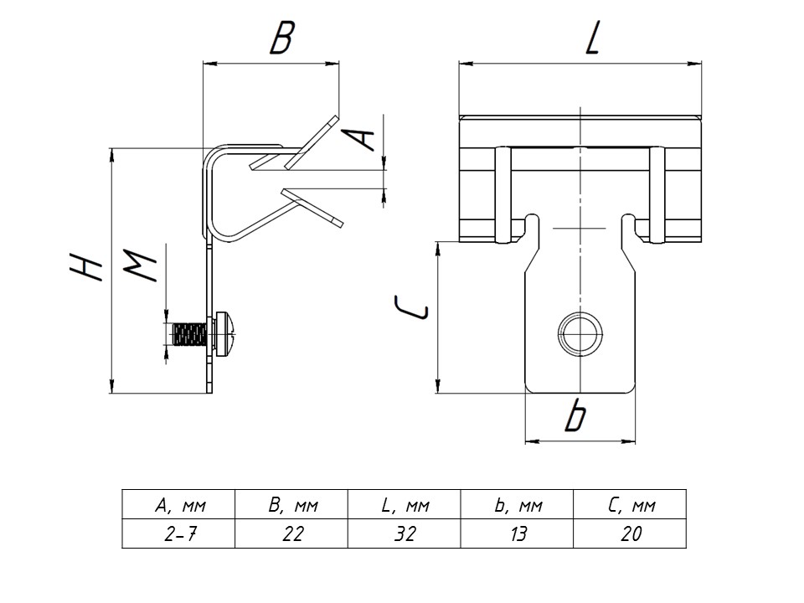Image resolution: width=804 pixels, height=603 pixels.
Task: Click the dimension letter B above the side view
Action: (x=282, y=39)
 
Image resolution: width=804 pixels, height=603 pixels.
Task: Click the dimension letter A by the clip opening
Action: (x=361, y=136)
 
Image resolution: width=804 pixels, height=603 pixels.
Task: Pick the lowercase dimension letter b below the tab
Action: (x=575, y=416)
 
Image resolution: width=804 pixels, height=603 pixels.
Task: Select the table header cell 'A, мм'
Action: (x=178, y=505)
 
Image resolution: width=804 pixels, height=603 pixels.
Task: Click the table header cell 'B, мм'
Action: (x=291, y=505)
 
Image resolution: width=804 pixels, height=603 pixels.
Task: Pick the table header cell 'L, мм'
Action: (x=404, y=505)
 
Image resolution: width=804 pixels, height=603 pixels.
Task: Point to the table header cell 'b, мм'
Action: (x=517, y=505)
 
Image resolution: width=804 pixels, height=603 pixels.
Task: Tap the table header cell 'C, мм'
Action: (x=630, y=505)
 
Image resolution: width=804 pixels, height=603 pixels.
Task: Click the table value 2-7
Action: (x=178, y=533)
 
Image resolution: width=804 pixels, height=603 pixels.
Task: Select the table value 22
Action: (x=291, y=533)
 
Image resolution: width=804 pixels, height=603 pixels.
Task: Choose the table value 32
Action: (x=404, y=533)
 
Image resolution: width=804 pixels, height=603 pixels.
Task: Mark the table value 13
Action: (x=517, y=533)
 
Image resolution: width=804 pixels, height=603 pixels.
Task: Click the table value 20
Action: (x=630, y=533)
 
